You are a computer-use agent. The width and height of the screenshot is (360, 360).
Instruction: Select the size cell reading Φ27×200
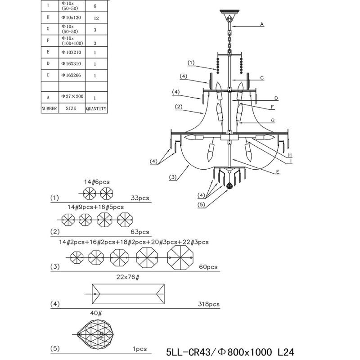coord(72,97)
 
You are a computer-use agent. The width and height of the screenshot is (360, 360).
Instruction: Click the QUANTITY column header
coord(96,108)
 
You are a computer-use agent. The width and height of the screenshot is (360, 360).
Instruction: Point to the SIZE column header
coord(71,108)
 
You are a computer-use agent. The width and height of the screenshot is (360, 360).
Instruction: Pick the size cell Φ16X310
coord(72,64)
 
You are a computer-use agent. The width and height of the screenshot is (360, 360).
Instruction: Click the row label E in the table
coord(48,52)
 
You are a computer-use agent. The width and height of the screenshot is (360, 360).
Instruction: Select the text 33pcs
coord(140,198)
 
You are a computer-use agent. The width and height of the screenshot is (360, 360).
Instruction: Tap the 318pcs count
coord(208,304)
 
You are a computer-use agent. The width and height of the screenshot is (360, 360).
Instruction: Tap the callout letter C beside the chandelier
coord(261,77)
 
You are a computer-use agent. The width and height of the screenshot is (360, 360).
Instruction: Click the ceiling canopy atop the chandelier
coord(229,13)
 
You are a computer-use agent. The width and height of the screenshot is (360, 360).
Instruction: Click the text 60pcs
coord(208,267)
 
